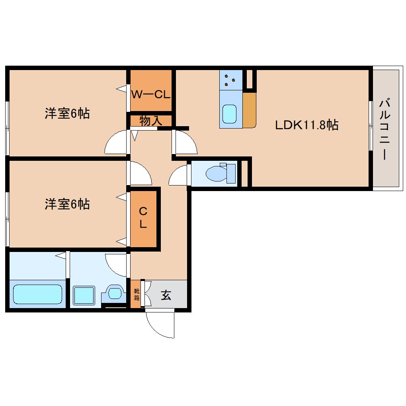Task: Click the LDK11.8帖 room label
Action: pos(306,125)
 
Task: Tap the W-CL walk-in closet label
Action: pos(151,95)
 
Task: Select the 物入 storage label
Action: pos(151,121)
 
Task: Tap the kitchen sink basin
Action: pos(229,114)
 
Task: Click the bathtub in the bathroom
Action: pos(37,294)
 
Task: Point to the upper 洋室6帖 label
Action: pos(67,114)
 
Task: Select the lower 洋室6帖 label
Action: pos(67,204)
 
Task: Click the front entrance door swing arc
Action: pos(159,325)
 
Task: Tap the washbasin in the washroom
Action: pos(115,293)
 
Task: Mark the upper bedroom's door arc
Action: pos(116,143)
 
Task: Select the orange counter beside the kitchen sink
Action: pos(249,110)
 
